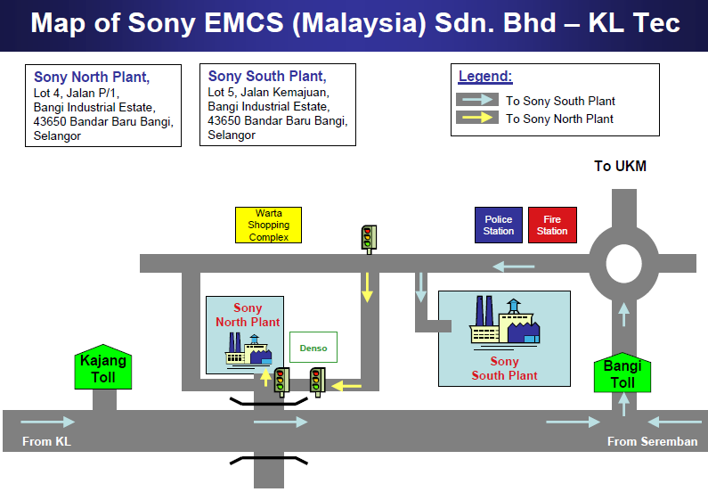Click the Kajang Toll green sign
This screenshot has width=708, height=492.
[104, 367]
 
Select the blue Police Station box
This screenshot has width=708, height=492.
[498, 225]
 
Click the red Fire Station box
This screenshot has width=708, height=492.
[552, 225]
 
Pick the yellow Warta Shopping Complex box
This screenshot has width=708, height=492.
[268, 225]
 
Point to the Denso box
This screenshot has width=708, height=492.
[313, 348]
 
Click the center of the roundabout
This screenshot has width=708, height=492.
[623, 263]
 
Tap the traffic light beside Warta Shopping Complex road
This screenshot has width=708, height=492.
[367, 237]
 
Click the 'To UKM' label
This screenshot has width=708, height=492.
[621, 167]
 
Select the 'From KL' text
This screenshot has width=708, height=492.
[46, 441]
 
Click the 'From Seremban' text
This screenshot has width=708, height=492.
[652, 441]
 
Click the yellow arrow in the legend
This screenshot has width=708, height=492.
[478, 118]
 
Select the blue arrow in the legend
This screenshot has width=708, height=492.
[478, 100]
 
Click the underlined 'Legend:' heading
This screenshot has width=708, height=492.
[485, 78]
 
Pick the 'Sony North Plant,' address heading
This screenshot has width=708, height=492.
[92, 78]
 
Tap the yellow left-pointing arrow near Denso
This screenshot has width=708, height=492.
[346, 385]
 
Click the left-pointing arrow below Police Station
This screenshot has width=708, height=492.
[515, 265]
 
